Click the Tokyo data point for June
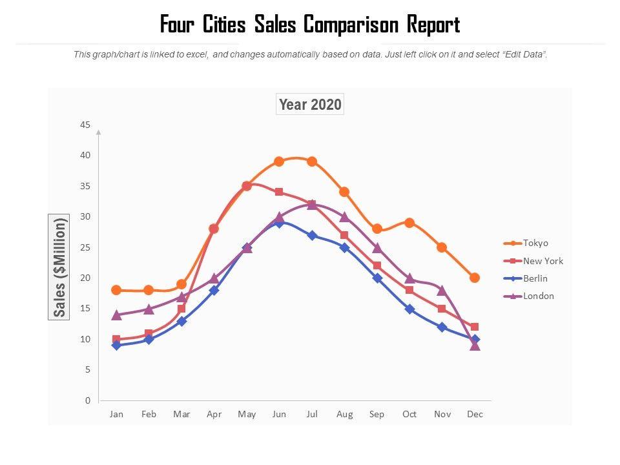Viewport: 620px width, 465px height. (279, 161)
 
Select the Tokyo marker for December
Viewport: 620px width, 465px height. (475, 278)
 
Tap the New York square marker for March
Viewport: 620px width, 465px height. (181, 309)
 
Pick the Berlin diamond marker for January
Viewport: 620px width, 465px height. (116, 346)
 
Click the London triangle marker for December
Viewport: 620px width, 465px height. (475, 346)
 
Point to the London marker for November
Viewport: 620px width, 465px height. (442, 290)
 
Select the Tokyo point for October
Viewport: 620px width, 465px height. (409, 223)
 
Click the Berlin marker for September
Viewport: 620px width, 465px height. (377, 278)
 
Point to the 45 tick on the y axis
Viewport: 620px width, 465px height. (85, 125)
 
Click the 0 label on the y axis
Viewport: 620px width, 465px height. (87, 400)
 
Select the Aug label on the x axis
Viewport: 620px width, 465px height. (344, 414)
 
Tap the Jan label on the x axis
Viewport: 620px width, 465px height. (116, 414)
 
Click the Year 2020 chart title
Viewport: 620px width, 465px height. (310, 105)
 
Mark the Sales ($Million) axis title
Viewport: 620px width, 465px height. (59, 267)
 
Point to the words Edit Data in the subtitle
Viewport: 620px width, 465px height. (525, 55)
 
